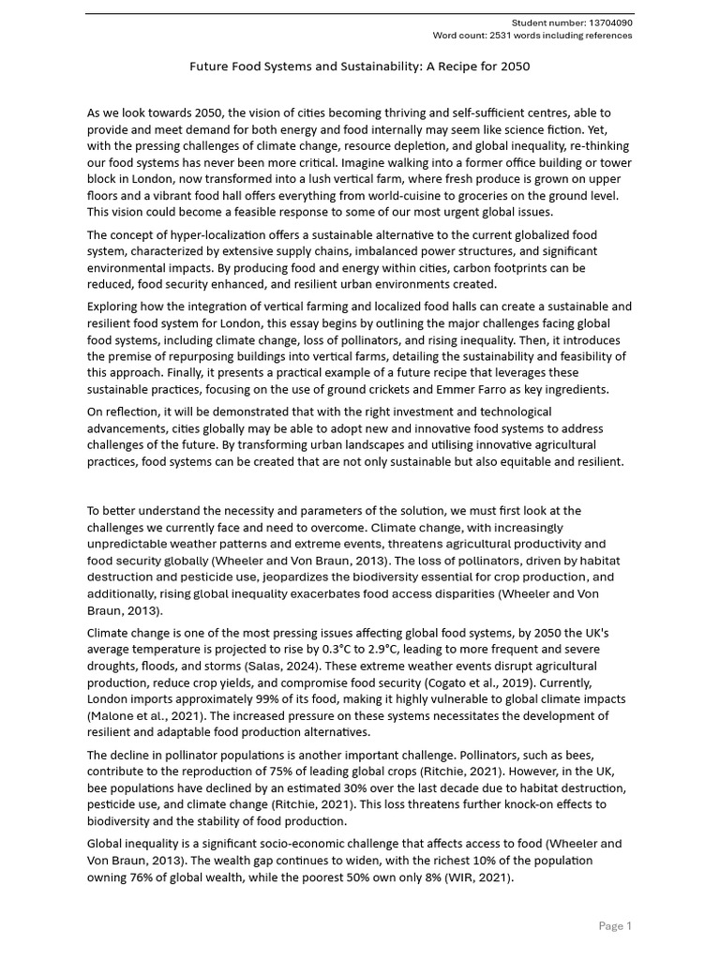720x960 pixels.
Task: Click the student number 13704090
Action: (x=612, y=22)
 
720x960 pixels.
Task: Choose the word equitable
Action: (x=519, y=461)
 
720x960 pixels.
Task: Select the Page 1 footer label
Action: (x=615, y=926)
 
